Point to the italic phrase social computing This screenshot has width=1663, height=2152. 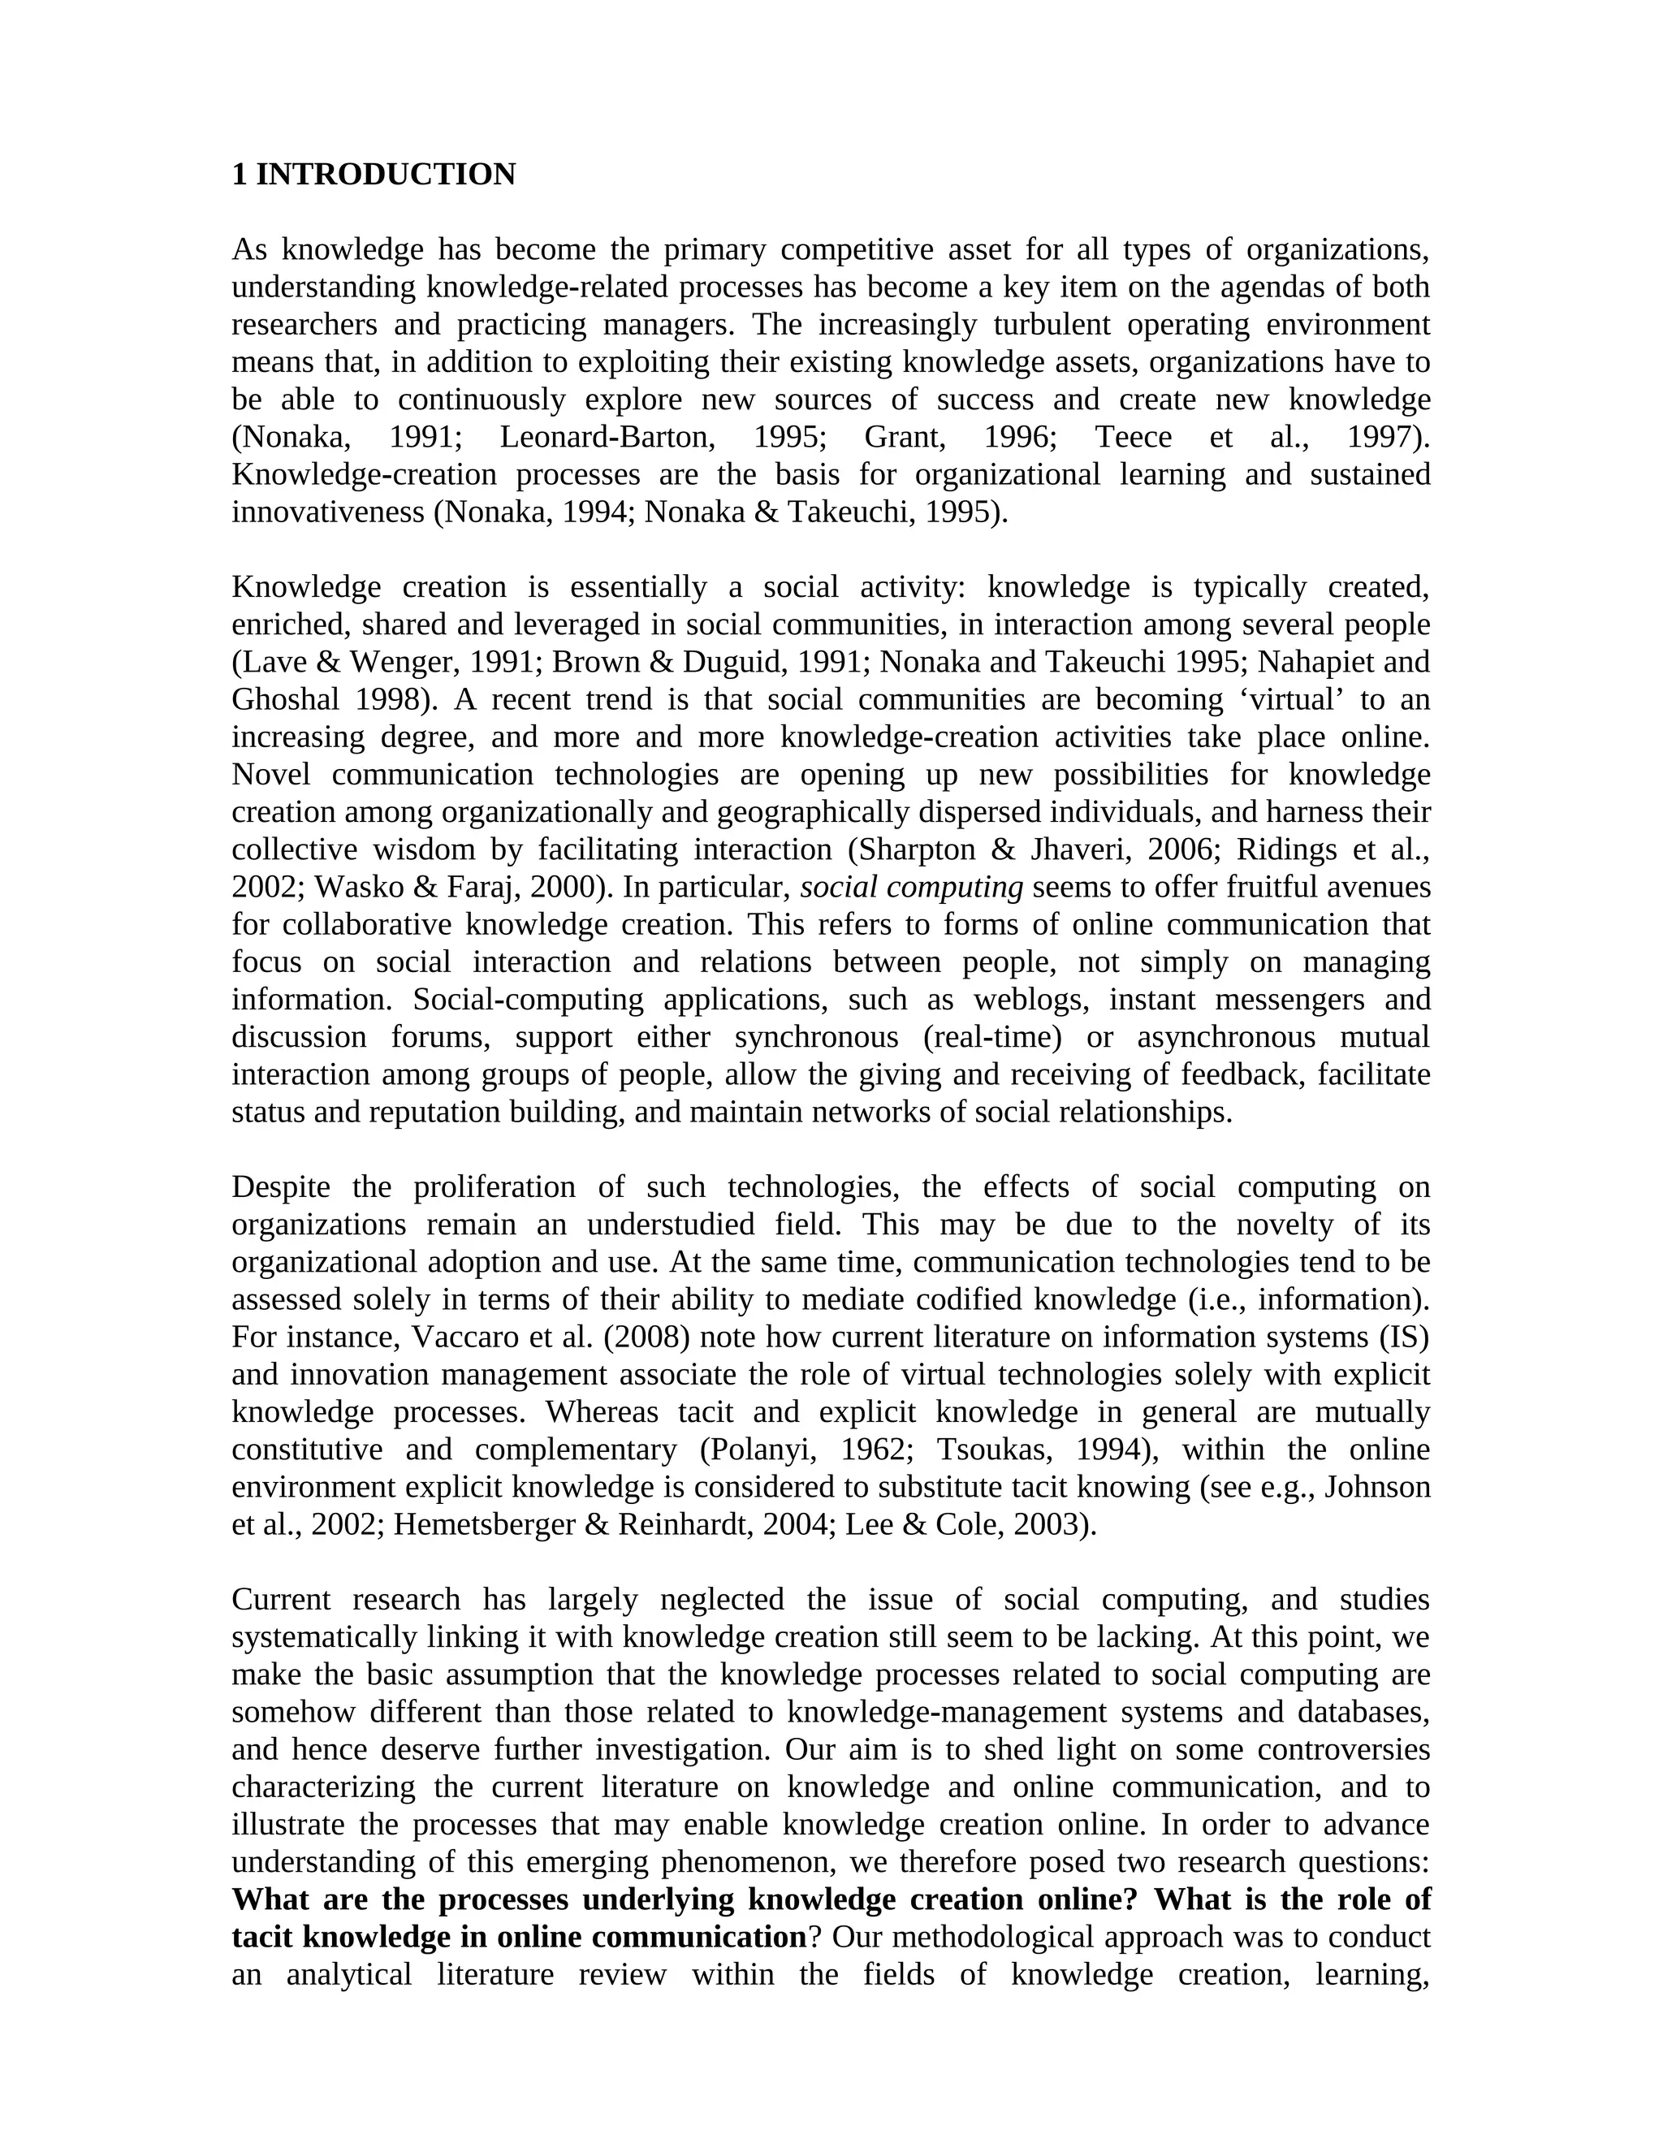(911, 887)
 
